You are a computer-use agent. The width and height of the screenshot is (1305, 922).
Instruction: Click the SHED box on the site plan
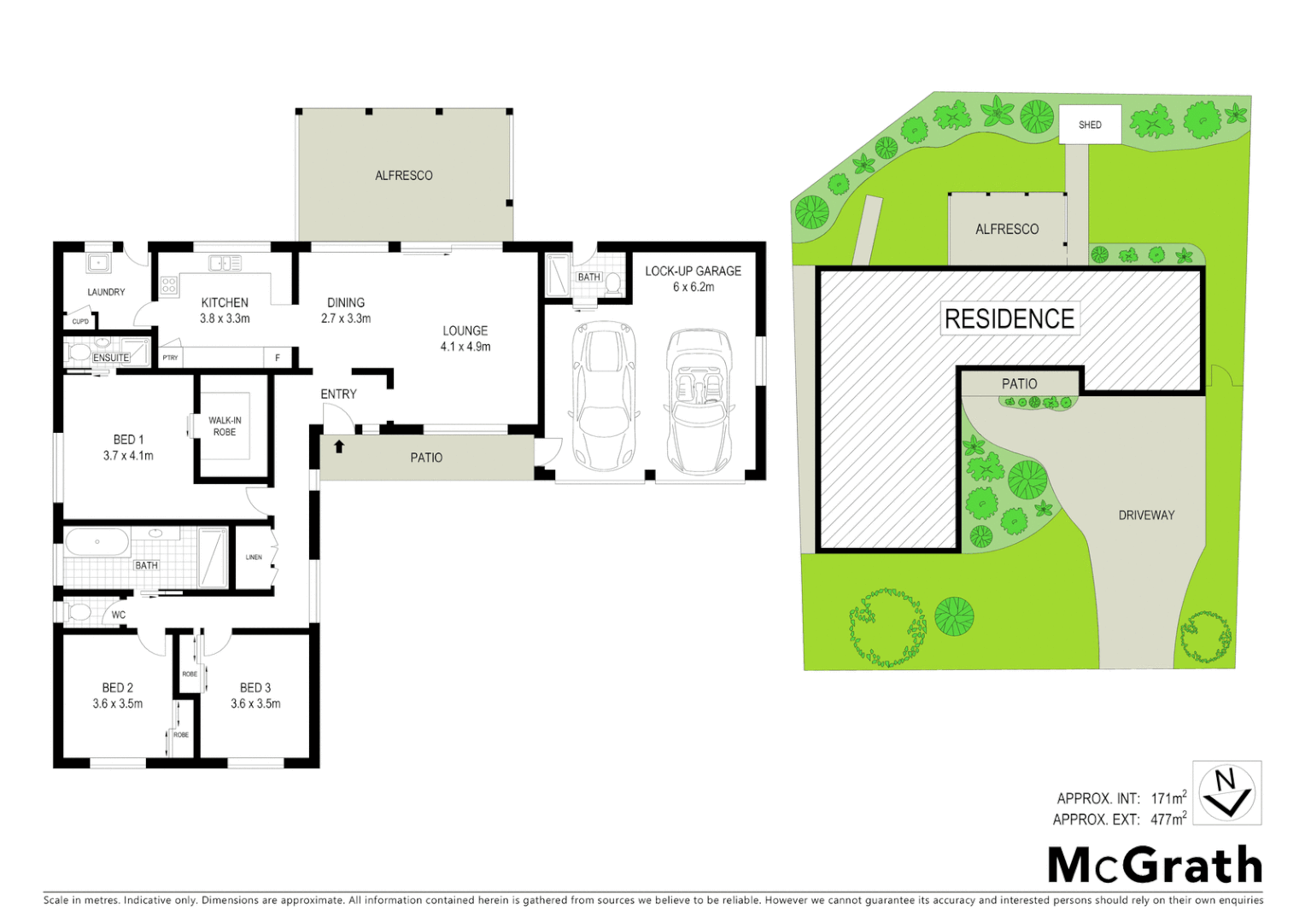1089,125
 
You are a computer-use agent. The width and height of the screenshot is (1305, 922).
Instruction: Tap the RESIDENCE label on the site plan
1009,318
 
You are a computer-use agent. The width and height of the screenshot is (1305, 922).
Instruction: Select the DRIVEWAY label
1146,515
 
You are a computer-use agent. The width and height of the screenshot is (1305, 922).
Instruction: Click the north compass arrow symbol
1226,793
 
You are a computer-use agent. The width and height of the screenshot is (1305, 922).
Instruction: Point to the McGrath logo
1155,865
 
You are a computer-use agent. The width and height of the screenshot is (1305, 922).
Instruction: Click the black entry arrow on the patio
339,446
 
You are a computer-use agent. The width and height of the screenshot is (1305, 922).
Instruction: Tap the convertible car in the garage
699,401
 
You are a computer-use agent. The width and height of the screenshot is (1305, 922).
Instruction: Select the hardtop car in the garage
605,397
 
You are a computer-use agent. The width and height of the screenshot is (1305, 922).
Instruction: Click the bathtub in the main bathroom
97,542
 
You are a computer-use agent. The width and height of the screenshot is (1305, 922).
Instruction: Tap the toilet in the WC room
79,613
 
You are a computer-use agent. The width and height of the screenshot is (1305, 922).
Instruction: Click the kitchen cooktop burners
169,284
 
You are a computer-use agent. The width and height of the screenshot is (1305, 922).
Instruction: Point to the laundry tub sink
98,263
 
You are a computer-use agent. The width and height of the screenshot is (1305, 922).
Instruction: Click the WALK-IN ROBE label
225,426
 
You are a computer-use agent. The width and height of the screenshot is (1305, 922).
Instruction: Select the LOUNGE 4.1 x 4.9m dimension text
465,347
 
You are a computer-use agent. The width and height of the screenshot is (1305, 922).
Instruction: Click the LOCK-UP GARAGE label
693,271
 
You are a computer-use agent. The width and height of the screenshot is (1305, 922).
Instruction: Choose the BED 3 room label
255,687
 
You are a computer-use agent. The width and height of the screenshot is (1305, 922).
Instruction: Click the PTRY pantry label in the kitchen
171,358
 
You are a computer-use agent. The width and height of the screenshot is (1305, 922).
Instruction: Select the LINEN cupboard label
254,557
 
